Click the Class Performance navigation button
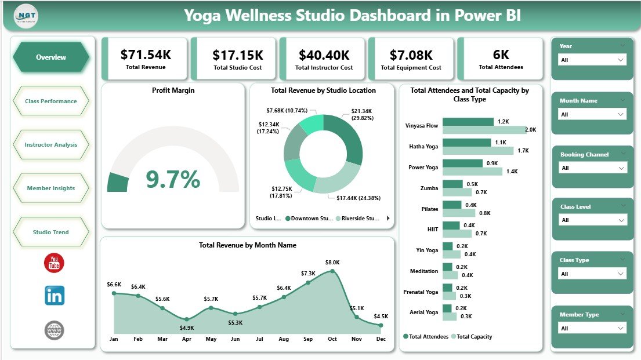click(51, 101)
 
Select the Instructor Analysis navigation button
click(51, 145)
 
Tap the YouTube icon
click(55, 263)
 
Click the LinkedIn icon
click(55, 296)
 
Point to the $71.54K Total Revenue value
click(146, 55)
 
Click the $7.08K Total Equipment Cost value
click(411, 55)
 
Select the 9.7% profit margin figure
click(173, 180)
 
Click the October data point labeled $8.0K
click(332, 270)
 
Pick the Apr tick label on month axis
click(186, 339)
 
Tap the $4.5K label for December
click(381, 316)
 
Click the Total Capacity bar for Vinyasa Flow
click(484, 130)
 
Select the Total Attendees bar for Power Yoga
click(462, 163)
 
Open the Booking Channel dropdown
click(592, 168)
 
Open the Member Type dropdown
click(592, 328)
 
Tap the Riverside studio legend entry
click(357, 219)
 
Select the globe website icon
click(55, 330)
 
